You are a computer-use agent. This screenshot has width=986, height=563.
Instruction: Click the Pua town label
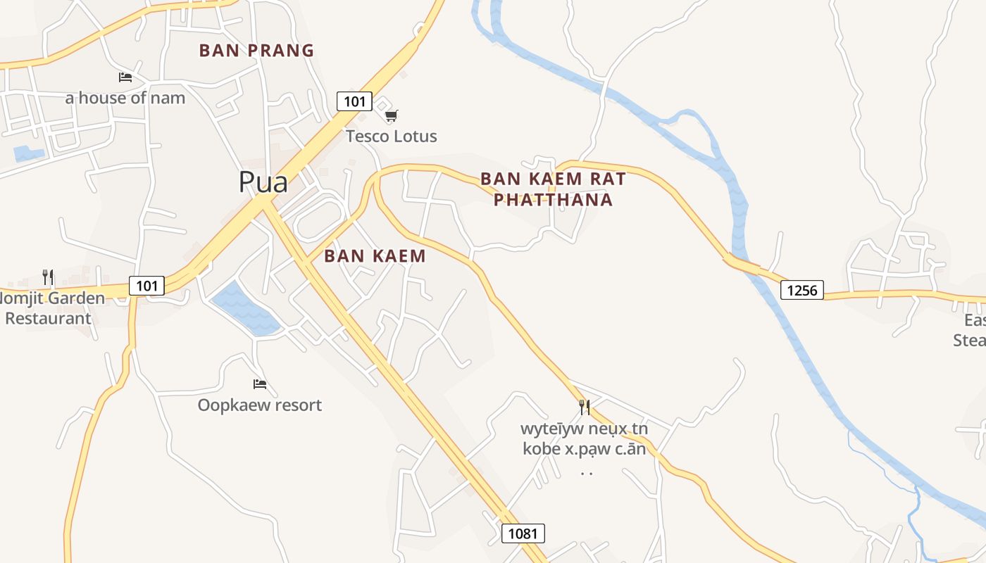tap(263, 182)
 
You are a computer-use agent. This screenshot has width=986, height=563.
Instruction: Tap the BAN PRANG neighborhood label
tap(256, 51)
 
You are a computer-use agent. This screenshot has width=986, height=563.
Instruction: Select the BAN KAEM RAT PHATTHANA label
tap(553, 189)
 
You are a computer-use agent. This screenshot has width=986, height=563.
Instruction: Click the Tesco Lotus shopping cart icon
tap(392, 115)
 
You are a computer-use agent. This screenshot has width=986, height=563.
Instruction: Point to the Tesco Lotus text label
tap(392, 137)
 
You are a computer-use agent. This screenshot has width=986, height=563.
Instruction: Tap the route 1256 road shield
tap(801, 290)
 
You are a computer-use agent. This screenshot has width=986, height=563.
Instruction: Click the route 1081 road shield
tap(523, 533)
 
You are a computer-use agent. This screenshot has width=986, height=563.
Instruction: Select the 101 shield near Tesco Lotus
tap(354, 101)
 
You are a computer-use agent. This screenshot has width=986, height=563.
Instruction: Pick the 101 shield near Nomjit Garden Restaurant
tap(146, 286)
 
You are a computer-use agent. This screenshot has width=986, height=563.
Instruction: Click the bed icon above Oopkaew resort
tap(260, 384)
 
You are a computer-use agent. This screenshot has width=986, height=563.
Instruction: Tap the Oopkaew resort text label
tap(260, 405)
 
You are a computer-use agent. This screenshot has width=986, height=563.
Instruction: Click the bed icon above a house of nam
tap(125, 77)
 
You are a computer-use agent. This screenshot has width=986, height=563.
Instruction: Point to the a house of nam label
tap(125, 98)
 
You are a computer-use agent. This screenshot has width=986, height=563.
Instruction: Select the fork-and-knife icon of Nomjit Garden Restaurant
tap(48, 277)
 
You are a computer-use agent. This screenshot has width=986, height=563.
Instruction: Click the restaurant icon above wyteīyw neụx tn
tap(584, 407)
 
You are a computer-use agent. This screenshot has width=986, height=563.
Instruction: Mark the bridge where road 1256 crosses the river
tap(742, 265)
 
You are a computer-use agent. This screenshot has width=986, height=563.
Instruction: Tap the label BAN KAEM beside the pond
tap(375, 256)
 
